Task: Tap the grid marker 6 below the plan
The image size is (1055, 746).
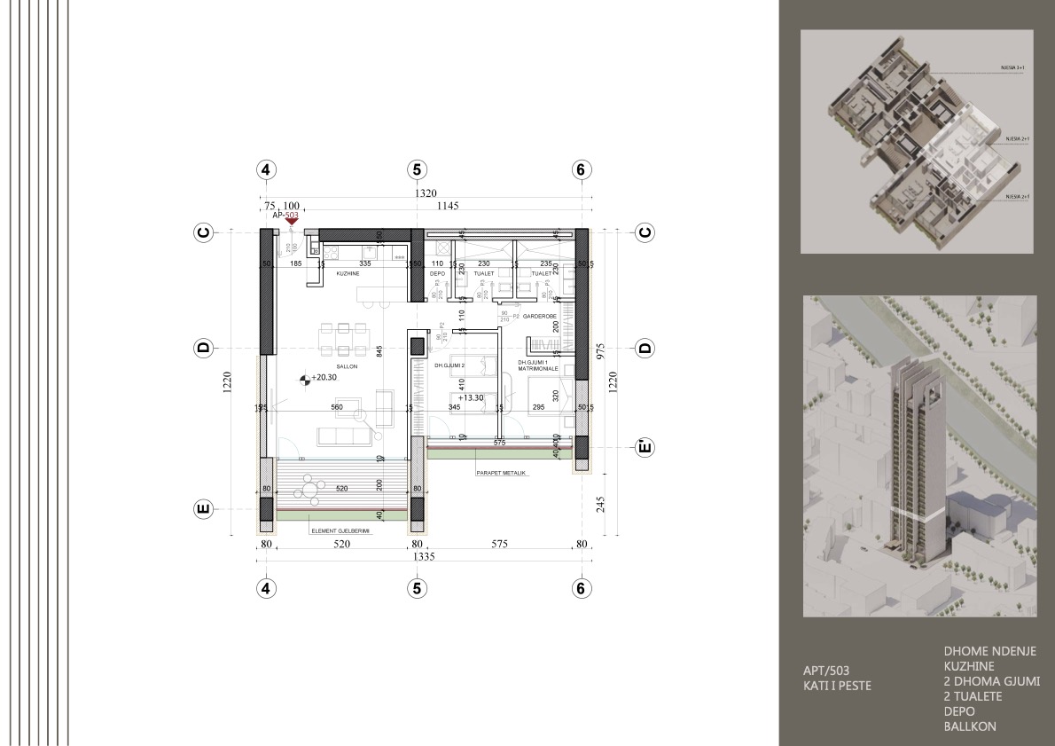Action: (x=581, y=587)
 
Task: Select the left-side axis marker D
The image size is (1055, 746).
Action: (x=203, y=348)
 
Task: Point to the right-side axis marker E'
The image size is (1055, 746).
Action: (x=645, y=446)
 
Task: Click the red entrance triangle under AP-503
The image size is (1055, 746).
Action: (x=291, y=223)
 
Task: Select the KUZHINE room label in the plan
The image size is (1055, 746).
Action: (x=348, y=274)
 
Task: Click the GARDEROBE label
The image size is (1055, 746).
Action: (x=538, y=315)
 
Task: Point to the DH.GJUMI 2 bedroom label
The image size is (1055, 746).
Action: (x=449, y=365)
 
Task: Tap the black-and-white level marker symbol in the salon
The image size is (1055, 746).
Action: (x=306, y=379)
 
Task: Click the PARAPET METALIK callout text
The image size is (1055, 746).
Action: (x=501, y=473)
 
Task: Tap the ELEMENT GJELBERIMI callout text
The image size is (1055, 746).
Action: (x=340, y=530)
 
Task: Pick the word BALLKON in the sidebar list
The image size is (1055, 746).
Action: (x=970, y=726)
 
